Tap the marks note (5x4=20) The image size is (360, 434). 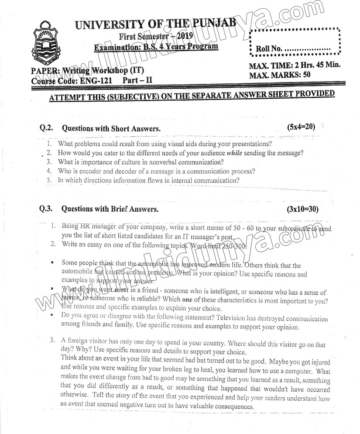point(301,127)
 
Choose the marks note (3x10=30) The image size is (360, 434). point(303,209)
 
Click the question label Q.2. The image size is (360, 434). point(46,128)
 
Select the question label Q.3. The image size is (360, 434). point(46,209)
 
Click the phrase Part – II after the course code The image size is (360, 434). point(137,80)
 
